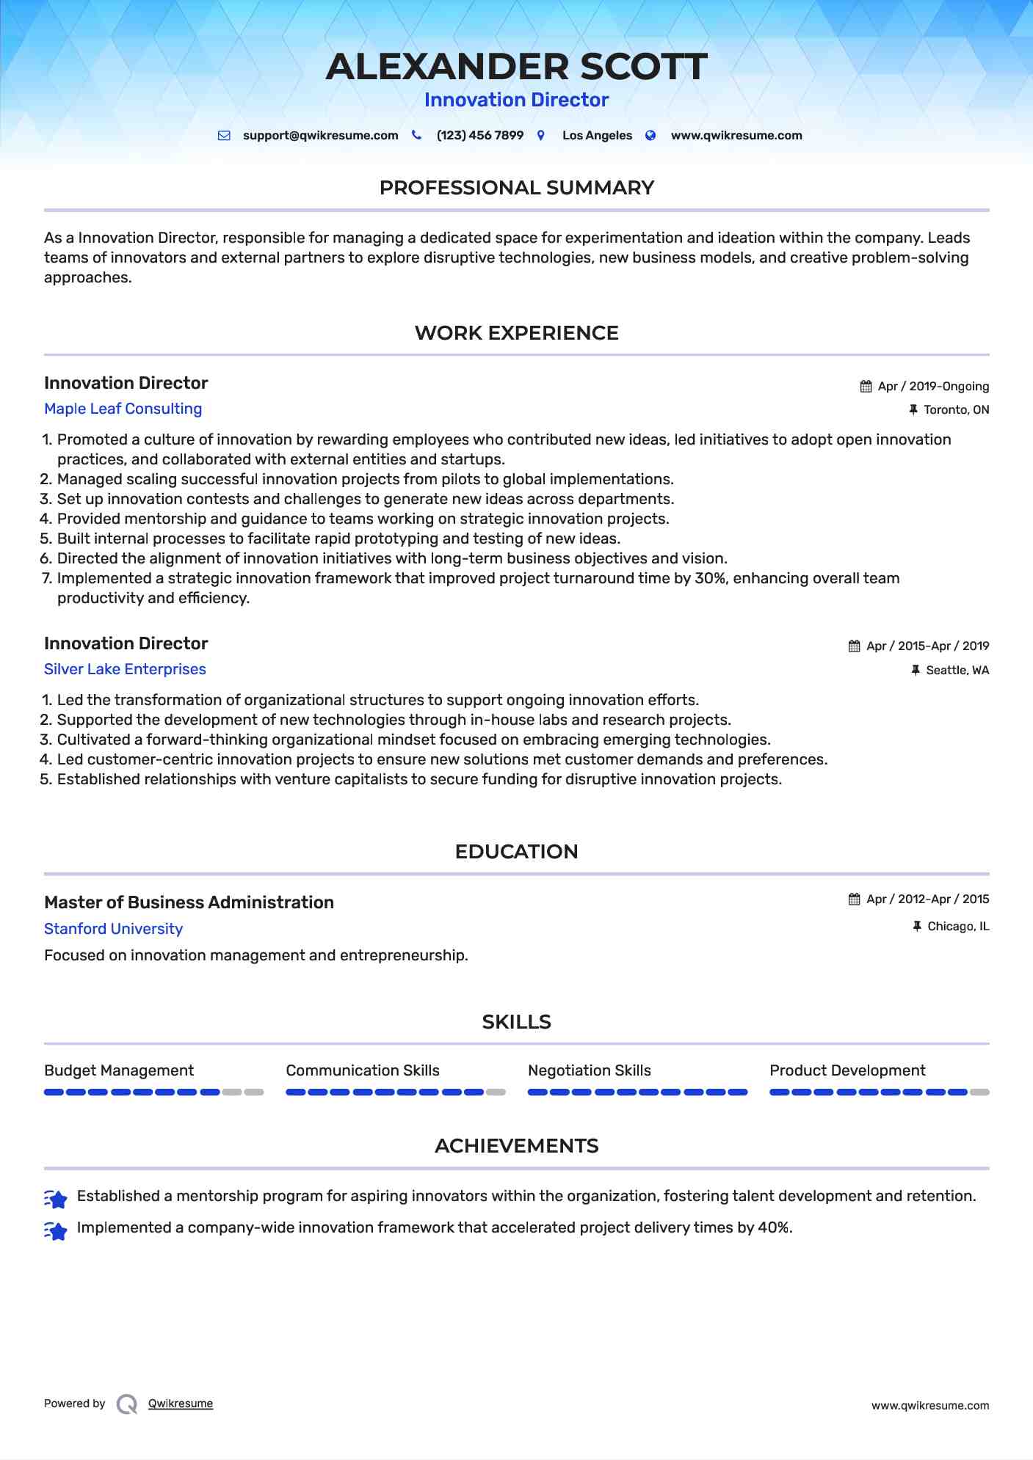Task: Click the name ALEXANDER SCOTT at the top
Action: click(x=516, y=67)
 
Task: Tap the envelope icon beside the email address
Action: click(x=225, y=136)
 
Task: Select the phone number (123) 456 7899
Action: click(x=479, y=136)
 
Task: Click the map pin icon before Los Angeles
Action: click(x=541, y=136)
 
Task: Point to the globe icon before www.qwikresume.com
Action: click(x=650, y=136)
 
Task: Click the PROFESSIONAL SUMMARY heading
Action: click(x=516, y=188)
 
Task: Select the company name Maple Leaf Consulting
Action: click(x=123, y=409)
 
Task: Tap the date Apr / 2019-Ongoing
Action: click(x=933, y=387)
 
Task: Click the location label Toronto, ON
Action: click(x=956, y=410)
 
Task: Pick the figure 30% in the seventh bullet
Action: click(x=710, y=578)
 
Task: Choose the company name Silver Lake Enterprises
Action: click(x=125, y=669)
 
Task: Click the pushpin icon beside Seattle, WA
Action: click(x=916, y=671)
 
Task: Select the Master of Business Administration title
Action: click(x=189, y=902)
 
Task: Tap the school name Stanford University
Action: click(x=113, y=929)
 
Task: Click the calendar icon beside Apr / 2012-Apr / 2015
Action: click(x=855, y=899)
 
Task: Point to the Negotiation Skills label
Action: click(x=589, y=1070)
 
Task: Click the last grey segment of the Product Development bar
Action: click(x=979, y=1092)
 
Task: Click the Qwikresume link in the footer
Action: click(x=181, y=1404)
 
